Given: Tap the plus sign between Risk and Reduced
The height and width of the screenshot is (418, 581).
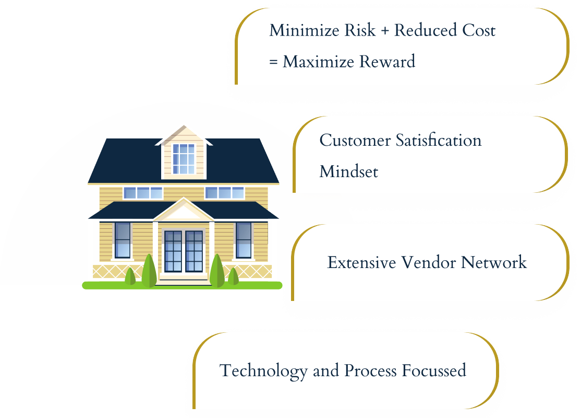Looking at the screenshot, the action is point(385,31).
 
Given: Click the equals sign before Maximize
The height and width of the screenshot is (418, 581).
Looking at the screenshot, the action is point(273,62).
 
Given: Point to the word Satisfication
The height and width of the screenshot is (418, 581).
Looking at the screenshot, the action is point(438,141).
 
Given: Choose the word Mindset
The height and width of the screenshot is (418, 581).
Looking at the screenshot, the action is point(349,172).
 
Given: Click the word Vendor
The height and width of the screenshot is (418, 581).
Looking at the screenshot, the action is point(429,262).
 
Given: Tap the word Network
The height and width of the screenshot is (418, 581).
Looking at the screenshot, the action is point(494,262).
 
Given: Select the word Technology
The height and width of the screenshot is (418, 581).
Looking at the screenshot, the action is point(263,371).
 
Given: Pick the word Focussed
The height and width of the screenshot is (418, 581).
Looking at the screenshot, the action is point(434,370).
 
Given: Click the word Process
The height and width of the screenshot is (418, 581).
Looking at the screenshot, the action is point(370,370).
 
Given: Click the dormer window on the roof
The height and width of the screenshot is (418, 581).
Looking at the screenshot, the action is point(184,159).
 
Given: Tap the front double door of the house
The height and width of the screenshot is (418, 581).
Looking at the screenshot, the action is point(184,251).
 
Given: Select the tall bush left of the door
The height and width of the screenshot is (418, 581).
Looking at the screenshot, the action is point(149,271).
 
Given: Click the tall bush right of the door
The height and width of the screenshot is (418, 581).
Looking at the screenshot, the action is point(217,271).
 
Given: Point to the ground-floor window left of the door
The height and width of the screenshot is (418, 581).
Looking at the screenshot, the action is point(123,240).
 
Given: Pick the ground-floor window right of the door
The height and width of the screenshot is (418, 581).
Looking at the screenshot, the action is point(244,240).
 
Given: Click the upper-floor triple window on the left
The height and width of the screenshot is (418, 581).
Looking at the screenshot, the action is point(143,193).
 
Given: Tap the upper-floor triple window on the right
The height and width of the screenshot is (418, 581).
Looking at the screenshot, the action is point(225,193).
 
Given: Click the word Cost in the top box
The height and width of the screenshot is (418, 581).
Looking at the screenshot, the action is point(479,30).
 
